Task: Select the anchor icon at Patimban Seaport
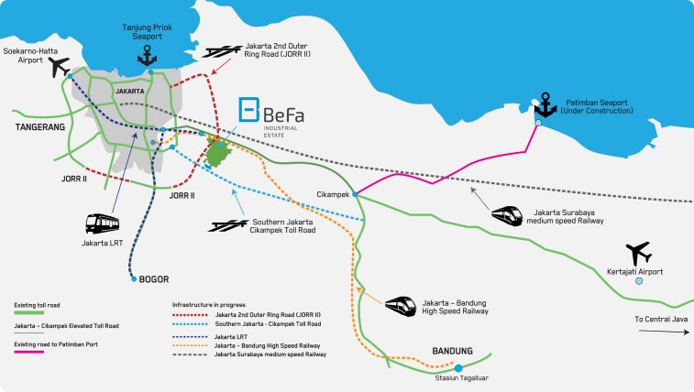(545, 105)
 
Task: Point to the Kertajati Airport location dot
(640, 283)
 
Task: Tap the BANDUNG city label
(452, 351)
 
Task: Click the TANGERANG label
(39, 128)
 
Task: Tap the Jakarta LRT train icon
(102, 223)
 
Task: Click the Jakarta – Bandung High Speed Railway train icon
(401, 304)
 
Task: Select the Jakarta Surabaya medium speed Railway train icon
(506, 215)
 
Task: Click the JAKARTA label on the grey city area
(130, 93)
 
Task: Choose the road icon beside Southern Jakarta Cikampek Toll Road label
(226, 224)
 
